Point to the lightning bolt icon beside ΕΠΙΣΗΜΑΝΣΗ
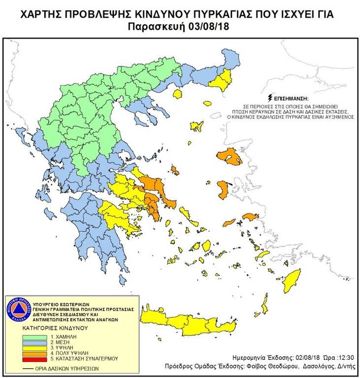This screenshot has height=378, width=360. pyautogui.click(x=269, y=97)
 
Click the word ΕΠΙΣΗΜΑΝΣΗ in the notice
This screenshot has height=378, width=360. pyautogui.click(x=291, y=98)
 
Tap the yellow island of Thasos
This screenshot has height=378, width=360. pyautogui.click(x=178, y=92)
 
